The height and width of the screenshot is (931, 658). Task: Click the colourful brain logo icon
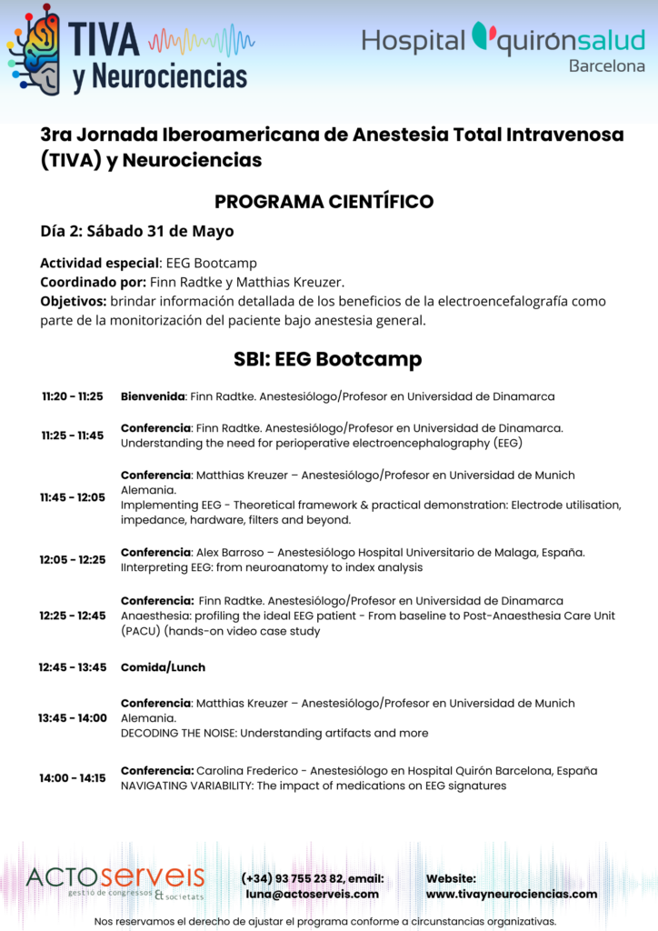point(34,50)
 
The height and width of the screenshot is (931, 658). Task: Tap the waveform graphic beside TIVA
point(201,40)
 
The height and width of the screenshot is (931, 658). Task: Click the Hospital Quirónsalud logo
point(503,40)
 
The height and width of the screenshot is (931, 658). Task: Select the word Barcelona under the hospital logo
point(606,66)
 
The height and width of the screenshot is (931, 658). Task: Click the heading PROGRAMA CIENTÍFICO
point(324,201)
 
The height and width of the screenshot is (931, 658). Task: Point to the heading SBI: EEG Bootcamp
point(327,359)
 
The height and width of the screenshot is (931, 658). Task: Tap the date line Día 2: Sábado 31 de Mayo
point(136,231)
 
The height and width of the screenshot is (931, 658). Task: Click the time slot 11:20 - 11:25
point(73,396)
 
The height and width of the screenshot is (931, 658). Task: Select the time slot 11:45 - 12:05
point(72,497)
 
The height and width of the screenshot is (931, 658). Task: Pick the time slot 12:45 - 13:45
point(73,667)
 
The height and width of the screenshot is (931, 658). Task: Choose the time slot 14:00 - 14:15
point(72,778)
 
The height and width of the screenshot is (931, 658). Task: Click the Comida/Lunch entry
point(163,667)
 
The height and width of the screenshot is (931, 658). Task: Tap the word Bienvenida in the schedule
point(153,396)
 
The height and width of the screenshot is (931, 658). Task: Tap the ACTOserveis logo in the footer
point(115,879)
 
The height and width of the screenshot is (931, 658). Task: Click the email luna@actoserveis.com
point(312,894)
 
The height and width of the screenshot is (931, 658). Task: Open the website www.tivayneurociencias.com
point(512,894)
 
